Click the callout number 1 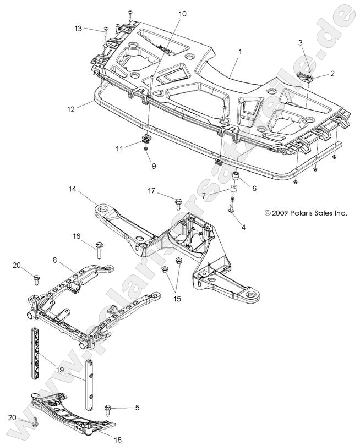click(239, 51)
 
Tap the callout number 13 click(78, 28)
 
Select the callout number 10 click(182, 13)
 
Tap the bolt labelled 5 click(109, 409)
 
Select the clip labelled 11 click(147, 138)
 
